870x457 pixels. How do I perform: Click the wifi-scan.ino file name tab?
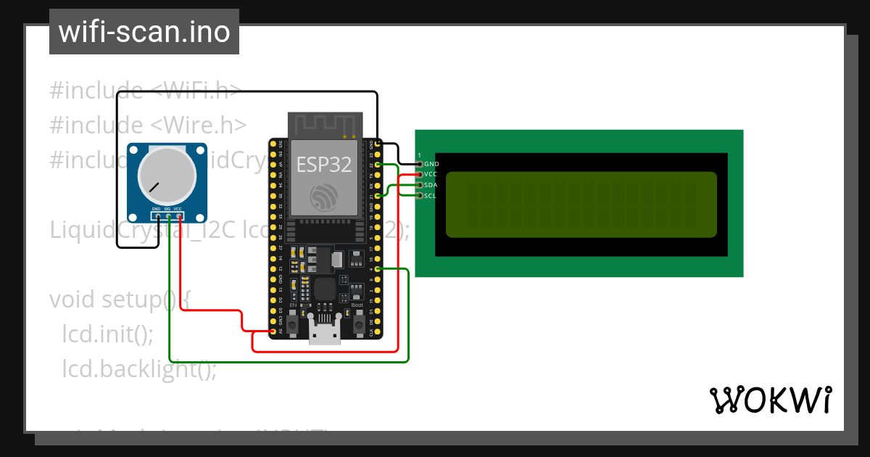[144, 32]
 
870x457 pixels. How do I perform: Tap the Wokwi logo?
[769, 400]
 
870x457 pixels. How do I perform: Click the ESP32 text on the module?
[324, 165]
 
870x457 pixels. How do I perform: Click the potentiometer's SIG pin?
[168, 215]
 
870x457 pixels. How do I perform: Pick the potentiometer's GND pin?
[157, 215]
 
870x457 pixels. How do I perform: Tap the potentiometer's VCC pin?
[178, 215]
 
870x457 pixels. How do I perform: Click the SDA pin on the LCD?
[419, 185]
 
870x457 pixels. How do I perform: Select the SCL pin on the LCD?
[419, 196]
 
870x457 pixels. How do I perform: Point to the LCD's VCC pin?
[419, 174]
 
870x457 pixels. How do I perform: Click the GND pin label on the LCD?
[431, 164]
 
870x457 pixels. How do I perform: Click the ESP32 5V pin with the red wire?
[273, 332]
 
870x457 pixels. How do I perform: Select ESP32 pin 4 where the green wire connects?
[378, 269]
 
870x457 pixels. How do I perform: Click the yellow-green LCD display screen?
[581, 205]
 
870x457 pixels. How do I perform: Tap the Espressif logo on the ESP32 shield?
[324, 197]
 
